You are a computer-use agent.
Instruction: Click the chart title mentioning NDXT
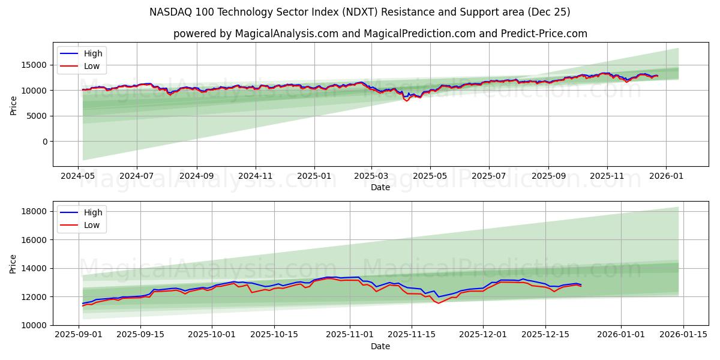pos(360,12)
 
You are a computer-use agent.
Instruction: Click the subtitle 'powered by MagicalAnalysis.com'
pos(380,34)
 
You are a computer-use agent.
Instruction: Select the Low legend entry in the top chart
pos(92,67)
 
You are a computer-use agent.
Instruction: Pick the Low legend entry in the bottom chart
pos(92,226)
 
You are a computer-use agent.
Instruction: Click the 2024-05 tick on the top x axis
pos(78,176)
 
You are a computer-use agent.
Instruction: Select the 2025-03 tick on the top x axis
pos(371,176)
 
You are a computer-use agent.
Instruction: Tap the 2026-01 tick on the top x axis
pos(666,176)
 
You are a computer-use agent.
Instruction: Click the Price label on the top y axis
pos(14,106)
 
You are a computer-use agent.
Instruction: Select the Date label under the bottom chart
pos(380,346)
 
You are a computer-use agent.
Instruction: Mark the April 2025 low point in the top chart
pos(407,100)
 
